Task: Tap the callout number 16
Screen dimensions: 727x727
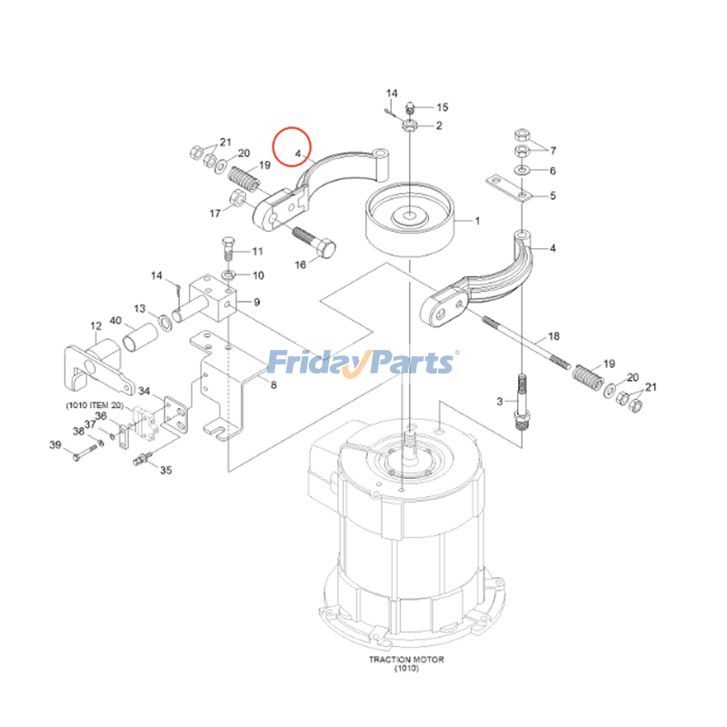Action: tap(301, 264)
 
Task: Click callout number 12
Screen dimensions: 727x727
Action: tap(96, 325)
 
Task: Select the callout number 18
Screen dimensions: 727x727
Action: tap(554, 336)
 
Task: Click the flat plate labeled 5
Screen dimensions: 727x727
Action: tap(509, 187)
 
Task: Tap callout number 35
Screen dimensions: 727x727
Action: tap(165, 471)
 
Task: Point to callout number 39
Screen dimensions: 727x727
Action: tap(55, 444)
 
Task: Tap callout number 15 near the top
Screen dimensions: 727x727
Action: tap(443, 107)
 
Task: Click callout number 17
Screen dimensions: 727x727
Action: tap(215, 214)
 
